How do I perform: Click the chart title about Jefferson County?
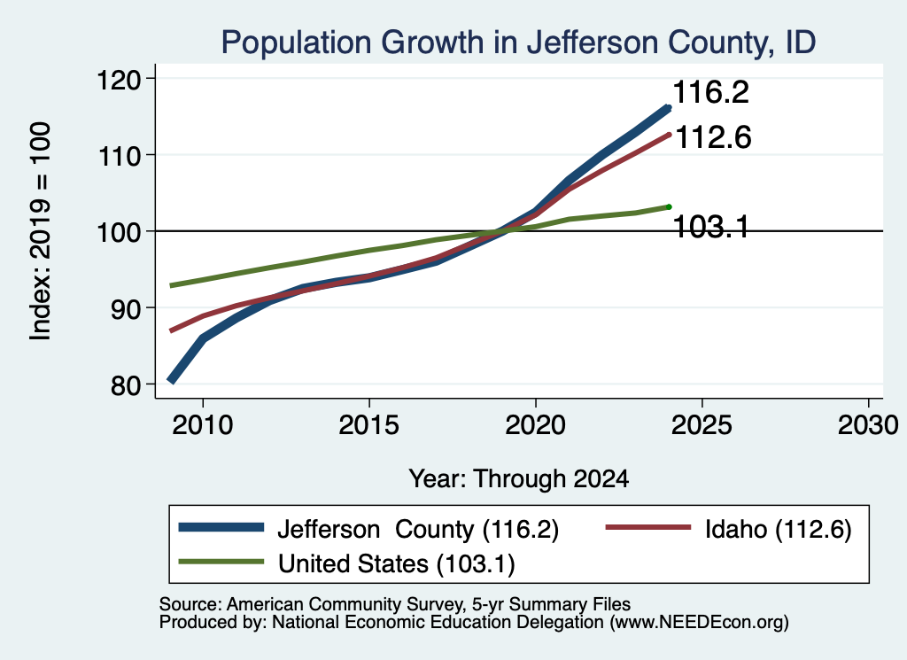pyautogui.click(x=518, y=43)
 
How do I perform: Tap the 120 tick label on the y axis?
pyautogui.click(x=119, y=79)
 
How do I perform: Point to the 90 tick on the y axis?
pyautogui.click(x=126, y=308)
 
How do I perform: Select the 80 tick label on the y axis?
pyautogui.click(x=126, y=385)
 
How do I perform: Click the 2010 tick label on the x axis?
pyautogui.click(x=203, y=425)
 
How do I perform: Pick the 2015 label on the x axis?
pyautogui.click(x=369, y=425)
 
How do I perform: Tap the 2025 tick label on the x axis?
pyautogui.click(x=702, y=425)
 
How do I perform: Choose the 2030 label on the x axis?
pyautogui.click(x=868, y=425)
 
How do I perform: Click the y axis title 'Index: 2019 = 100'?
pyautogui.click(x=41, y=231)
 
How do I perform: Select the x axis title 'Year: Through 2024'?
pyautogui.click(x=519, y=479)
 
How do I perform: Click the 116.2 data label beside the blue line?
pyautogui.click(x=711, y=92)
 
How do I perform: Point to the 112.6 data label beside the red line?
pyautogui.click(x=713, y=137)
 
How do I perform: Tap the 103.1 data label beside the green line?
pyautogui.click(x=711, y=226)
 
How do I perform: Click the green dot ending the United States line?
pyautogui.click(x=669, y=207)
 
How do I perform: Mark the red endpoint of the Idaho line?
pyautogui.click(x=669, y=135)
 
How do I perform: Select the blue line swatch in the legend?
pyautogui.click(x=221, y=527)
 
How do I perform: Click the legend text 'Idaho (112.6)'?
pyautogui.click(x=778, y=529)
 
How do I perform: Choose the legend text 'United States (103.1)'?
pyautogui.click(x=396, y=564)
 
